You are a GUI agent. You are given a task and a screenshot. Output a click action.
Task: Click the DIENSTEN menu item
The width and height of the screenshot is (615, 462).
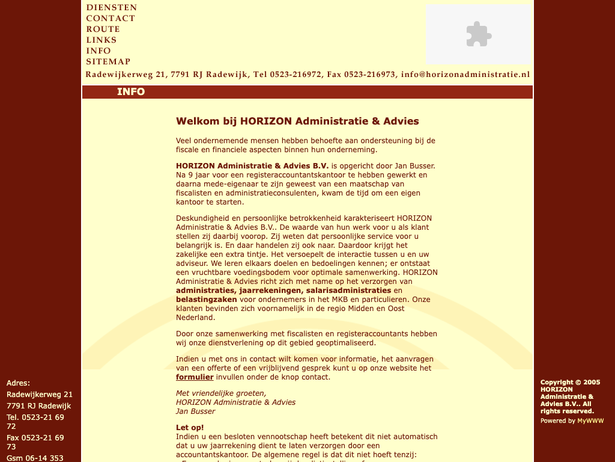pyautogui.click(x=112, y=8)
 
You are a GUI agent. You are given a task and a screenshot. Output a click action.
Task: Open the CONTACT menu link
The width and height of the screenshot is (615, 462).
pyautogui.click(x=111, y=19)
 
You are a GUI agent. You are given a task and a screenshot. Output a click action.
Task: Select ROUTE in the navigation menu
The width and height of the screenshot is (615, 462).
pyautogui.click(x=103, y=29)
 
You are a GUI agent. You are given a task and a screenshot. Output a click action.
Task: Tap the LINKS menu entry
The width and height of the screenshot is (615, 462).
pyautogui.click(x=101, y=40)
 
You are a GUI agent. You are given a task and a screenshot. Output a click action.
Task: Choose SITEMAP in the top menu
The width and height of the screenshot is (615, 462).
pyautogui.click(x=108, y=62)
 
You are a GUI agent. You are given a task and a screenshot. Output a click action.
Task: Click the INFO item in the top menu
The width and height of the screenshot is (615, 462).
pyautogui.click(x=98, y=51)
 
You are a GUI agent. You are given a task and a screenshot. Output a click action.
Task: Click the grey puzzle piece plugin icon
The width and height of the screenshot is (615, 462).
pyautogui.click(x=479, y=34)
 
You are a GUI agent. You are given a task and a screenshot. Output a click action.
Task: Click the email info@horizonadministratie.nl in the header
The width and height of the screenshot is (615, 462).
pyautogui.click(x=465, y=75)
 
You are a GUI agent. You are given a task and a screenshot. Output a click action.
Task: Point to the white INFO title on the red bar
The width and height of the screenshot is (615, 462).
pyautogui.click(x=131, y=92)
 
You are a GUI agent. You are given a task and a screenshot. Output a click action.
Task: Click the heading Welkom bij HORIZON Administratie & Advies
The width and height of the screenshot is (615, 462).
pyautogui.click(x=297, y=121)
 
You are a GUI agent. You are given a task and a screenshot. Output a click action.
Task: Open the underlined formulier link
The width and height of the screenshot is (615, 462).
pyautogui.click(x=195, y=377)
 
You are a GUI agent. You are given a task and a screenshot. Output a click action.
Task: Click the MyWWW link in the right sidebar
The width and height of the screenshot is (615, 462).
pyautogui.click(x=590, y=421)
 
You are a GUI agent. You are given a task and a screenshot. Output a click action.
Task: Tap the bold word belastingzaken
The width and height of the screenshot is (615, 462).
pyautogui.click(x=207, y=299)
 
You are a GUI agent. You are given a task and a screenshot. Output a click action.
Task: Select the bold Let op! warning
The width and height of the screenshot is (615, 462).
pyautogui.click(x=190, y=428)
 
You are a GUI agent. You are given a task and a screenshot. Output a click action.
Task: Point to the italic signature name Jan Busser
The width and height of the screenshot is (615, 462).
pyautogui.click(x=195, y=411)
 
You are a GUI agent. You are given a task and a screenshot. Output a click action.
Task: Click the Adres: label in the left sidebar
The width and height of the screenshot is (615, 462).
pyautogui.click(x=18, y=383)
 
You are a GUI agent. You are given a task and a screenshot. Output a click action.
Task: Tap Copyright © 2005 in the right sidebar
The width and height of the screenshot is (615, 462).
pyautogui.click(x=570, y=382)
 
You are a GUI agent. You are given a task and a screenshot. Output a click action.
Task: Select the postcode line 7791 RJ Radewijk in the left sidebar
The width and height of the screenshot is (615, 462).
pyautogui.click(x=38, y=406)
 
